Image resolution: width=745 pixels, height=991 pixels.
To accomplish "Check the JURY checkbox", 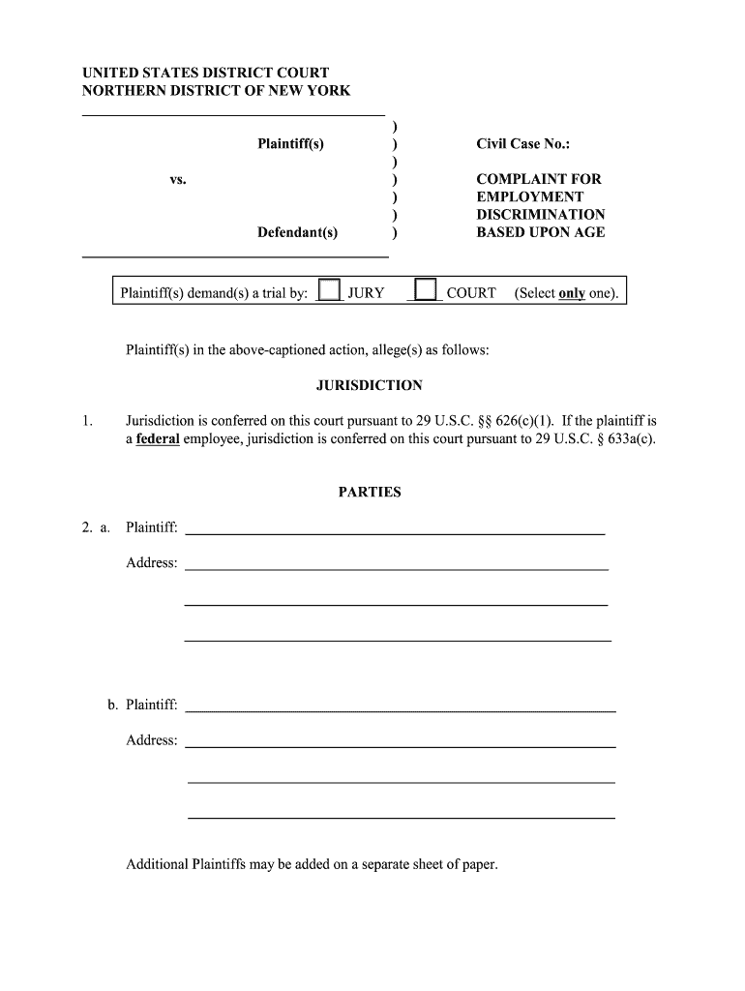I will tap(330, 290).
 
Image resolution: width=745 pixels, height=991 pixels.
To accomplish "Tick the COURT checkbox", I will tap(425, 290).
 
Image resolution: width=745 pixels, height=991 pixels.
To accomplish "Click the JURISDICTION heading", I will tap(369, 385).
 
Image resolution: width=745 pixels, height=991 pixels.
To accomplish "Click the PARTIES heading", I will tap(369, 492).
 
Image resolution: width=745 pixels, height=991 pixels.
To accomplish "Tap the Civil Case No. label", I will tap(522, 144).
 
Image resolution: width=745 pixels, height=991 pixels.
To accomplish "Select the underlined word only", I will tap(572, 293).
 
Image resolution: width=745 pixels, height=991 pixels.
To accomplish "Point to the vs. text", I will tap(177, 180).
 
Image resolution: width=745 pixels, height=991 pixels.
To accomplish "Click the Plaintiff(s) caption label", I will tap(290, 144).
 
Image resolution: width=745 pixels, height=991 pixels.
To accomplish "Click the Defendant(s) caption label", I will tap(297, 232).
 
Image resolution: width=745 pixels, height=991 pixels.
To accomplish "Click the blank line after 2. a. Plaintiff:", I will tap(394, 528).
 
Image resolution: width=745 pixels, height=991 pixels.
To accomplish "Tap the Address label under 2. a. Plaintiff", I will tap(151, 563).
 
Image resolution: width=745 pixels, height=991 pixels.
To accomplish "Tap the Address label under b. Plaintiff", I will tap(151, 740).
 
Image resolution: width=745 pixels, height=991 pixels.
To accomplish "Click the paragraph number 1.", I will tap(88, 421).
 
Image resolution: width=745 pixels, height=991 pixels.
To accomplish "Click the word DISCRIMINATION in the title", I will tap(540, 215).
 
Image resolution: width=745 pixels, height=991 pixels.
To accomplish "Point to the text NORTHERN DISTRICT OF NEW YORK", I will tap(216, 91).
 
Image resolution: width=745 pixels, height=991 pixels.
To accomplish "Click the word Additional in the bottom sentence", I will tap(157, 864).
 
